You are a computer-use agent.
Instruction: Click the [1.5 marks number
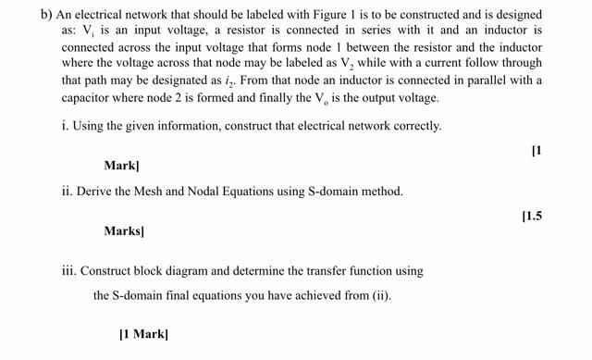coord(531,216)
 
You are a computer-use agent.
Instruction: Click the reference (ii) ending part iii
coord(379,296)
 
